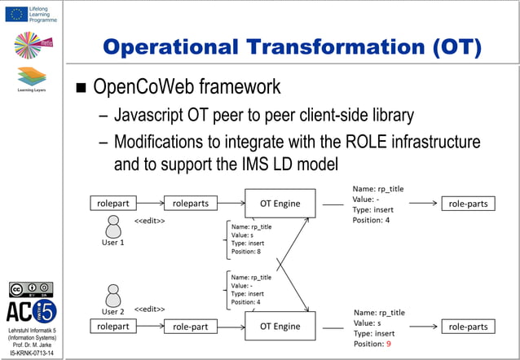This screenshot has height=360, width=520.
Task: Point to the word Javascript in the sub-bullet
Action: (x=152, y=115)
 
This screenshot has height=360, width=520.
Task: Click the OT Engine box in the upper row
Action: (x=279, y=203)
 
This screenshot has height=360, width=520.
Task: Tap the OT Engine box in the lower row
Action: (x=279, y=327)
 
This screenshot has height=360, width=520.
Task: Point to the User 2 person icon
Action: (x=112, y=293)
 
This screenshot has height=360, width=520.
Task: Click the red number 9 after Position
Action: (x=389, y=345)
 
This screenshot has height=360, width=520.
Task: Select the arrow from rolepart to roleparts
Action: (x=152, y=203)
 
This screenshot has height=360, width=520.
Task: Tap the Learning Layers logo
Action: (x=31, y=79)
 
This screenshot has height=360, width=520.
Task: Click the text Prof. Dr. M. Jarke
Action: (x=32, y=345)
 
